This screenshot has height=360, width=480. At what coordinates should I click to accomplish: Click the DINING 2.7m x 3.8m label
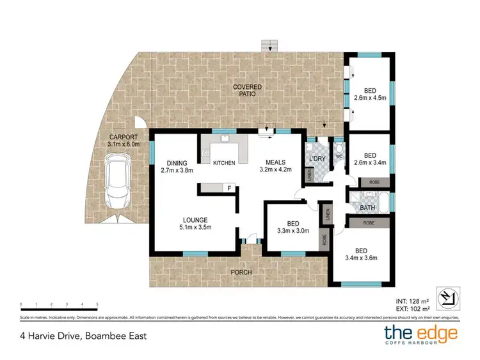(176, 166)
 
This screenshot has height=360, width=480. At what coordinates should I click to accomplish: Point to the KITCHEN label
(224, 163)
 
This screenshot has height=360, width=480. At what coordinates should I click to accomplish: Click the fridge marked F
(228, 188)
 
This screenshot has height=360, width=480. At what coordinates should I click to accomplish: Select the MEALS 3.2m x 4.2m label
(275, 166)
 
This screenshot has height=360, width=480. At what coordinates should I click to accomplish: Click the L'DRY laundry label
(317, 158)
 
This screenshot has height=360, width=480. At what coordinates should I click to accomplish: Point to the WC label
(339, 156)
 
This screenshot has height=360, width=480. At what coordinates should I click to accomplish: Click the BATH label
(367, 208)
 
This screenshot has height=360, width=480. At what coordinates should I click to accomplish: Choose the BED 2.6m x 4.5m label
(370, 94)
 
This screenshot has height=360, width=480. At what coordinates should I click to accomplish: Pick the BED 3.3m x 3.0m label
(293, 227)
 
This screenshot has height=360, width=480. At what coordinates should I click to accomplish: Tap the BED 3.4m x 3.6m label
(362, 254)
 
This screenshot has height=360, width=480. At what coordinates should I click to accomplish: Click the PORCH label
(241, 272)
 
